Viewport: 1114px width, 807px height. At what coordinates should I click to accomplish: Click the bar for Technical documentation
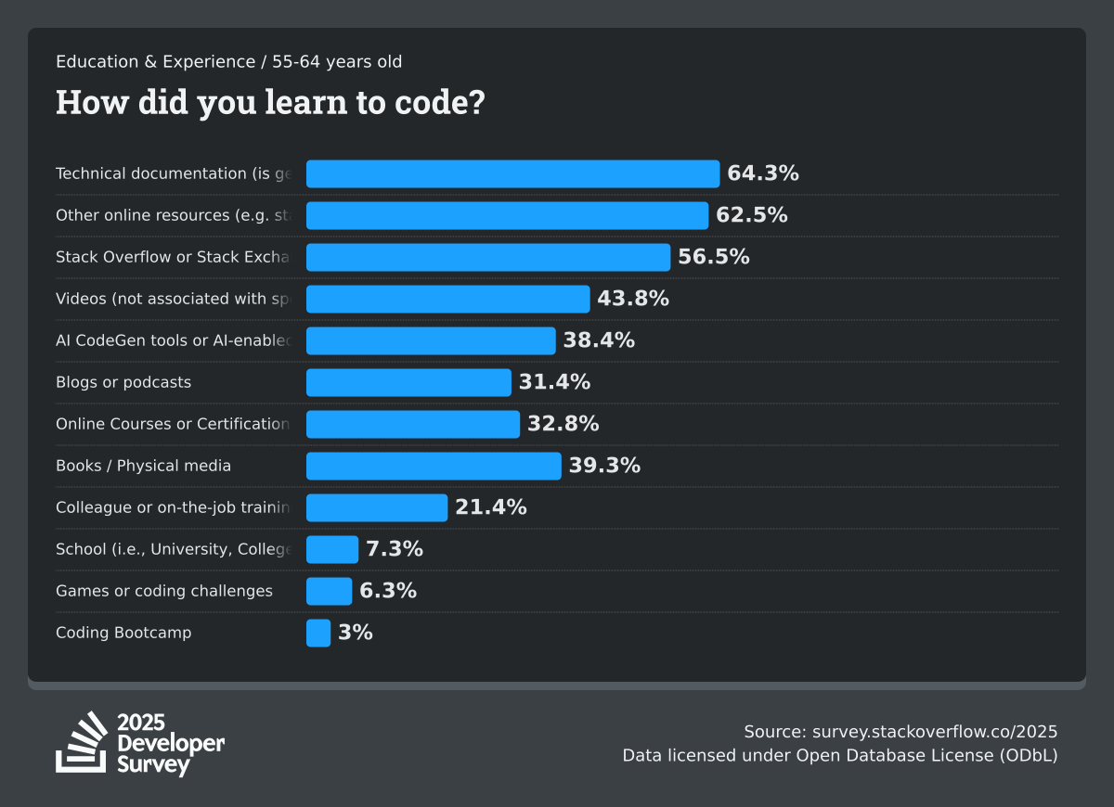(512, 173)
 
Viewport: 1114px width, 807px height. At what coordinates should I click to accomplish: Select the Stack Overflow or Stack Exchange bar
(488, 257)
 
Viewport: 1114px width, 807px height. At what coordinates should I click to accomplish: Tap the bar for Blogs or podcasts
(408, 382)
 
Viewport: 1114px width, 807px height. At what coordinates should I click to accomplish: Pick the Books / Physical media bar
(434, 466)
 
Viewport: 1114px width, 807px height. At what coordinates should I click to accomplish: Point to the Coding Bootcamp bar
(318, 633)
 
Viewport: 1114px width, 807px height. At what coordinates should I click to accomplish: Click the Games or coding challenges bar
(330, 591)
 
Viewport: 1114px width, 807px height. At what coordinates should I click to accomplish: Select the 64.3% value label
(763, 173)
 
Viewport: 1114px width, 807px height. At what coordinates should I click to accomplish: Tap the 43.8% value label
(633, 299)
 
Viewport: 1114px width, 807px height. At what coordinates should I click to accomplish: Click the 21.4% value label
(491, 507)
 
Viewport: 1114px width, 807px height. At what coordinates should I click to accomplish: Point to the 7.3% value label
(395, 549)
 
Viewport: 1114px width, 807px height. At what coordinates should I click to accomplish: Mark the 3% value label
(356, 633)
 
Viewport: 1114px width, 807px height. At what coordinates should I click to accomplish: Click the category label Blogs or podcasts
(123, 382)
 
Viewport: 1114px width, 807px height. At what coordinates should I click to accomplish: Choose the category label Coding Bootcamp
(123, 633)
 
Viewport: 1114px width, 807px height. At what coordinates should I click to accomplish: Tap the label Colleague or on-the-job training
(173, 507)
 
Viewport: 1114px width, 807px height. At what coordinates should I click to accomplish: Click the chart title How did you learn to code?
(270, 102)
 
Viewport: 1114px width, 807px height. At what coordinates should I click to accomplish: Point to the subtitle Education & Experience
(155, 62)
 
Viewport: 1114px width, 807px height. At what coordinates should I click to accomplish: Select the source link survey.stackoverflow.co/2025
(935, 731)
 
